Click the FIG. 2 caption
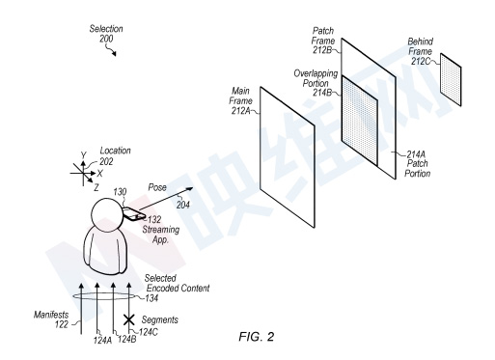(256, 337)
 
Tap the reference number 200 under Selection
(106, 39)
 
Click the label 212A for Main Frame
(240, 111)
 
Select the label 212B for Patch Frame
(321, 50)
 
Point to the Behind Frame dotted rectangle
(451, 80)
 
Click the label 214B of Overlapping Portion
(321, 93)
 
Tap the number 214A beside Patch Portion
(416, 154)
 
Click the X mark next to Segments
(129, 319)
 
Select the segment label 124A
(102, 340)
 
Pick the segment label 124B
(127, 339)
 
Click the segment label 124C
(149, 332)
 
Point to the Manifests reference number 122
(62, 324)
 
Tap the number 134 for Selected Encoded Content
(151, 298)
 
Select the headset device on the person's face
(134, 213)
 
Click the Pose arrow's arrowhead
(190, 189)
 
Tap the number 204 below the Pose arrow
(182, 205)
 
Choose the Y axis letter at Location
(84, 155)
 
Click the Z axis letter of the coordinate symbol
(96, 187)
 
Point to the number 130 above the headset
(120, 192)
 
